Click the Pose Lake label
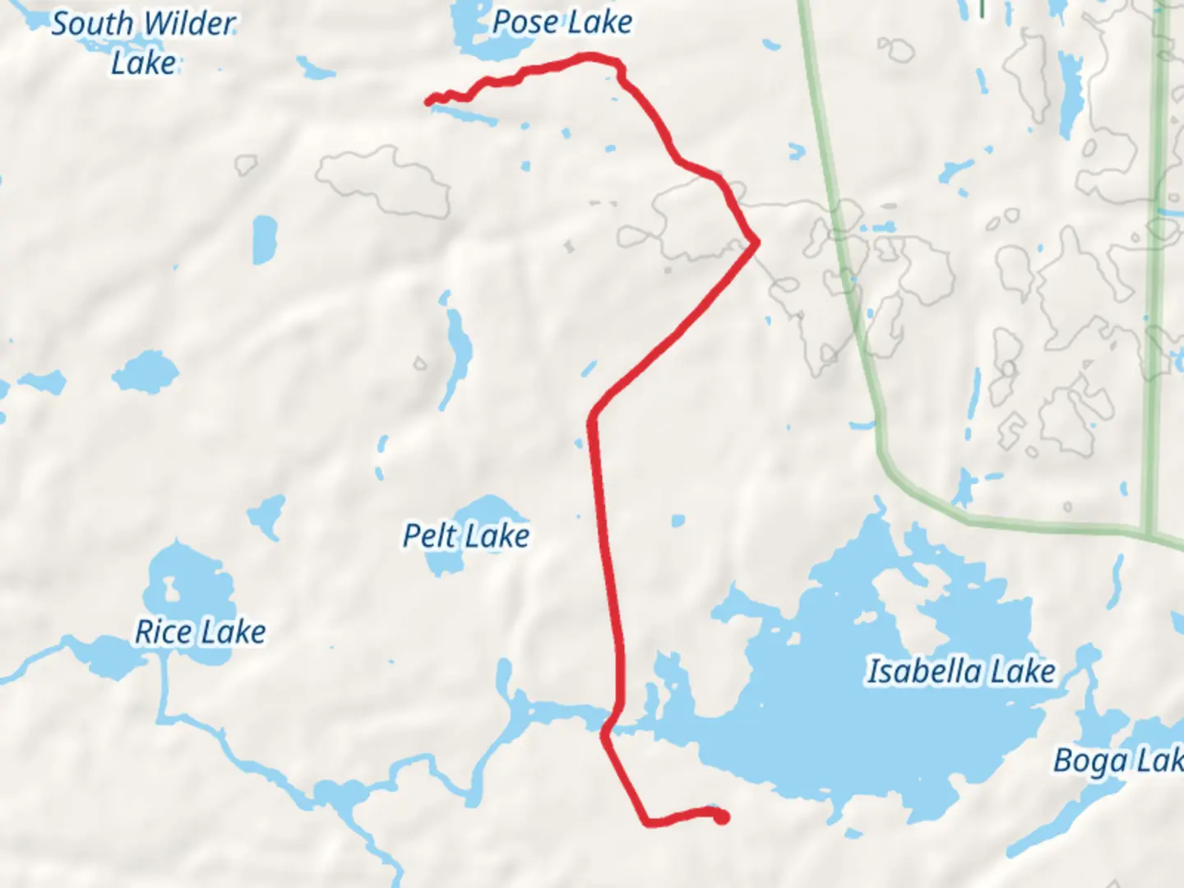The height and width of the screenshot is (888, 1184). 562,22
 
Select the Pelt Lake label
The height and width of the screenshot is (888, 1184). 465,536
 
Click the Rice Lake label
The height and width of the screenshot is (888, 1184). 200,631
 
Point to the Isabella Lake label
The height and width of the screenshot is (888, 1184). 961,671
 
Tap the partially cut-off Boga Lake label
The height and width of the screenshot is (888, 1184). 1118,761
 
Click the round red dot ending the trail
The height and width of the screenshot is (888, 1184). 721,817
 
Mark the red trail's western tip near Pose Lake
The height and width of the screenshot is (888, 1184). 428,101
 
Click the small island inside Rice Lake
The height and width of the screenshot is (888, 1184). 171,588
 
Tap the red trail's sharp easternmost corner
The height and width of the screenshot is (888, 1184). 756,242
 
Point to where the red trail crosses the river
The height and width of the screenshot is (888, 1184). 613,717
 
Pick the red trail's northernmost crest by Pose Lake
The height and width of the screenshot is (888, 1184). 590,56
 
